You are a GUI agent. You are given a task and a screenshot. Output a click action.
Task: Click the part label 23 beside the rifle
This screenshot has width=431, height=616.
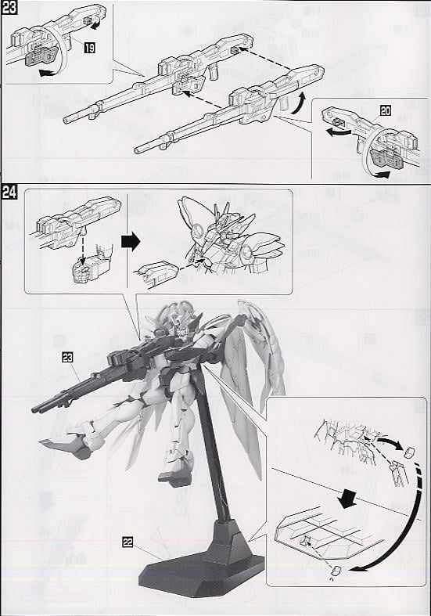[x=70, y=357]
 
